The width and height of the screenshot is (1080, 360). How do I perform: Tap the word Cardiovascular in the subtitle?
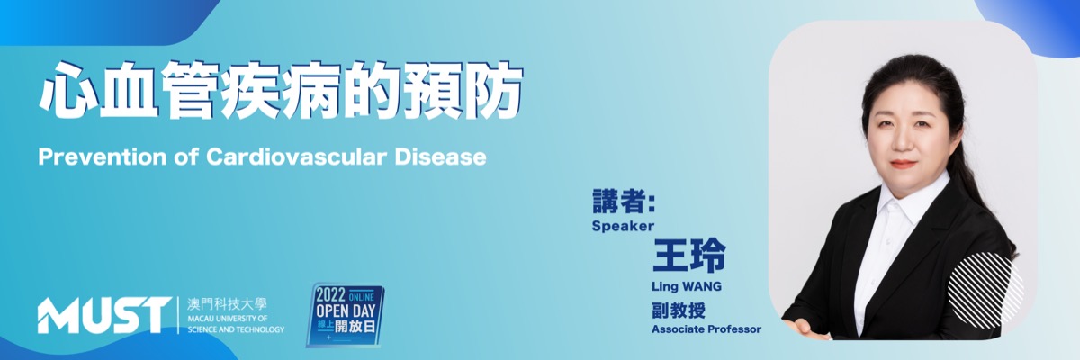pyautogui.click(x=296, y=157)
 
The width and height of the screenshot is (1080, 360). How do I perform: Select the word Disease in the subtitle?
pyautogui.click(x=440, y=157)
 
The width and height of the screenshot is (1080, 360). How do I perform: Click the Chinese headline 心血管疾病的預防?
pyautogui.click(x=281, y=91)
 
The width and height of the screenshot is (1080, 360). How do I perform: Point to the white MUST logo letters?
pyautogui.click(x=104, y=315)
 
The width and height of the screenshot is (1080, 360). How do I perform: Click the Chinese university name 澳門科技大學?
pyautogui.click(x=227, y=304)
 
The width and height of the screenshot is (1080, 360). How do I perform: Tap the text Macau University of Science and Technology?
pyautogui.click(x=236, y=324)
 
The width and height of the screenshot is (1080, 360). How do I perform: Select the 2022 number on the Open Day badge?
pyautogui.click(x=331, y=294)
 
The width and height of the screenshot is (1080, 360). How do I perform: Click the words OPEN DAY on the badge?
pyautogui.click(x=346, y=310)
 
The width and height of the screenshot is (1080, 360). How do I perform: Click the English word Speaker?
pyautogui.click(x=623, y=226)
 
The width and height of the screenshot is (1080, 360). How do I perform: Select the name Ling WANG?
pyautogui.click(x=687, y=286)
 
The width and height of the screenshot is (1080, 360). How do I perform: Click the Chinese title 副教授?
pyautogui.click(x=679, y=310)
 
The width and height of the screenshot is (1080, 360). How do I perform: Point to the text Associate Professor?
pyautogui.click(x=706, y=329)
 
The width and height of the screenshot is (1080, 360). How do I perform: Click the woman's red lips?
pyautogui.click(x=903, y=164)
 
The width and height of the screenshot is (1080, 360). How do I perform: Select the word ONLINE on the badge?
pyautogui.click(x=362, y=297)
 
